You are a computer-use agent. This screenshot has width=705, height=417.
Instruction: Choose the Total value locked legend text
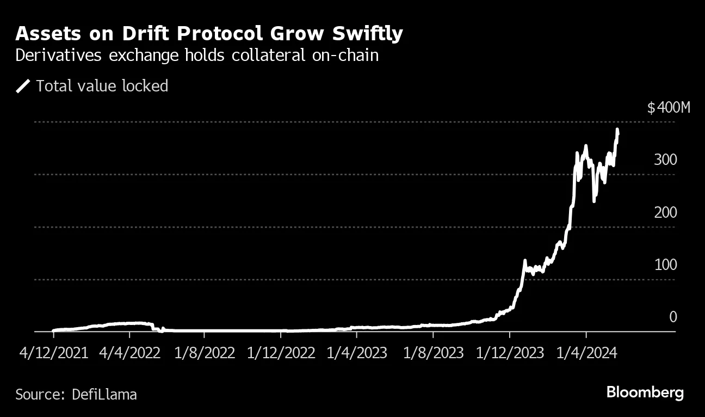102,86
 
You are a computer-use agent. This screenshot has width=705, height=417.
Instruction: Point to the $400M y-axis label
668,108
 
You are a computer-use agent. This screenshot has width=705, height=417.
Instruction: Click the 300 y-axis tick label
665,160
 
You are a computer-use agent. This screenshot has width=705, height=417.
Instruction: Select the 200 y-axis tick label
665,213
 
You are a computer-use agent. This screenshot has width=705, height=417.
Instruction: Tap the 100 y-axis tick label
665,265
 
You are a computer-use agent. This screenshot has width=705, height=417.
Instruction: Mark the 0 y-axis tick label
673,317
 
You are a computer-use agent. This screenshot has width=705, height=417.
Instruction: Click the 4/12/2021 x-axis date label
53,353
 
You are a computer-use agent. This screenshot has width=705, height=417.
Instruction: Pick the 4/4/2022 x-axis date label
129,353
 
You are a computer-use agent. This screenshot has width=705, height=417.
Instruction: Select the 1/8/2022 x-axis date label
205,353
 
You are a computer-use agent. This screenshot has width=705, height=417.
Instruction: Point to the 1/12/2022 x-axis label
281,353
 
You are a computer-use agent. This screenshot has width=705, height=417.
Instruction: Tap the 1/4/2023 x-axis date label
357,353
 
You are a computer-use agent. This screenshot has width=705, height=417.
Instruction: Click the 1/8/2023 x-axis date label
433,353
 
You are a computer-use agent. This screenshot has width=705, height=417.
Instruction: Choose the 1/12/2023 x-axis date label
509,353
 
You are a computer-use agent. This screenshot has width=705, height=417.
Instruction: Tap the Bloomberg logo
645,393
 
